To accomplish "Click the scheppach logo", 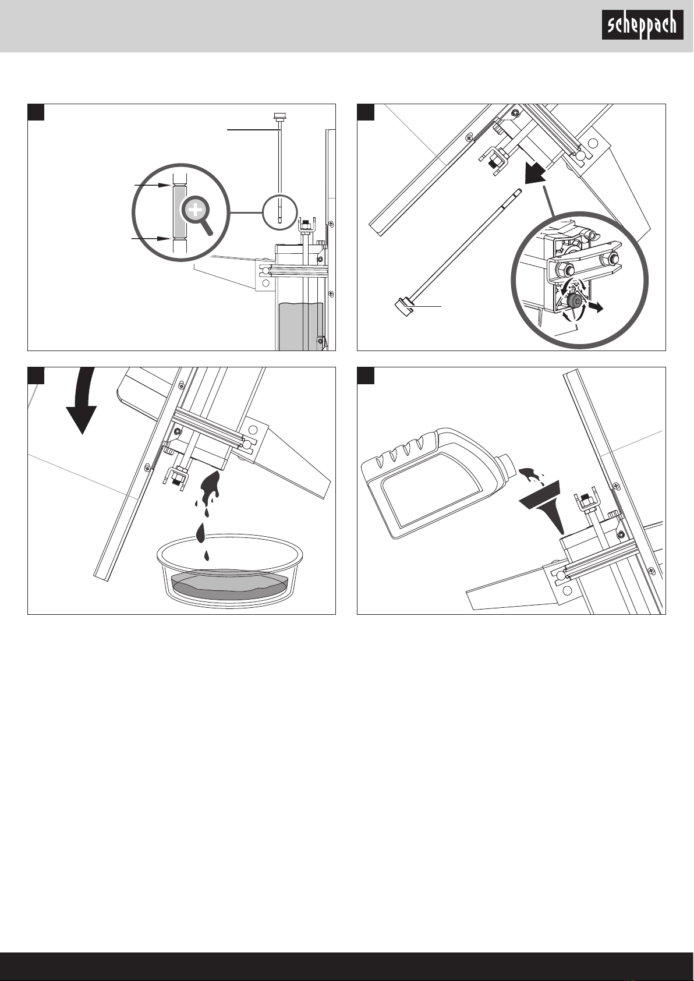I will [x=642, y=24].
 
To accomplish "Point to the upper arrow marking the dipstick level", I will [x=153, y=185].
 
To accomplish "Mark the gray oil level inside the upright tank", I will [x=300, y=326].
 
